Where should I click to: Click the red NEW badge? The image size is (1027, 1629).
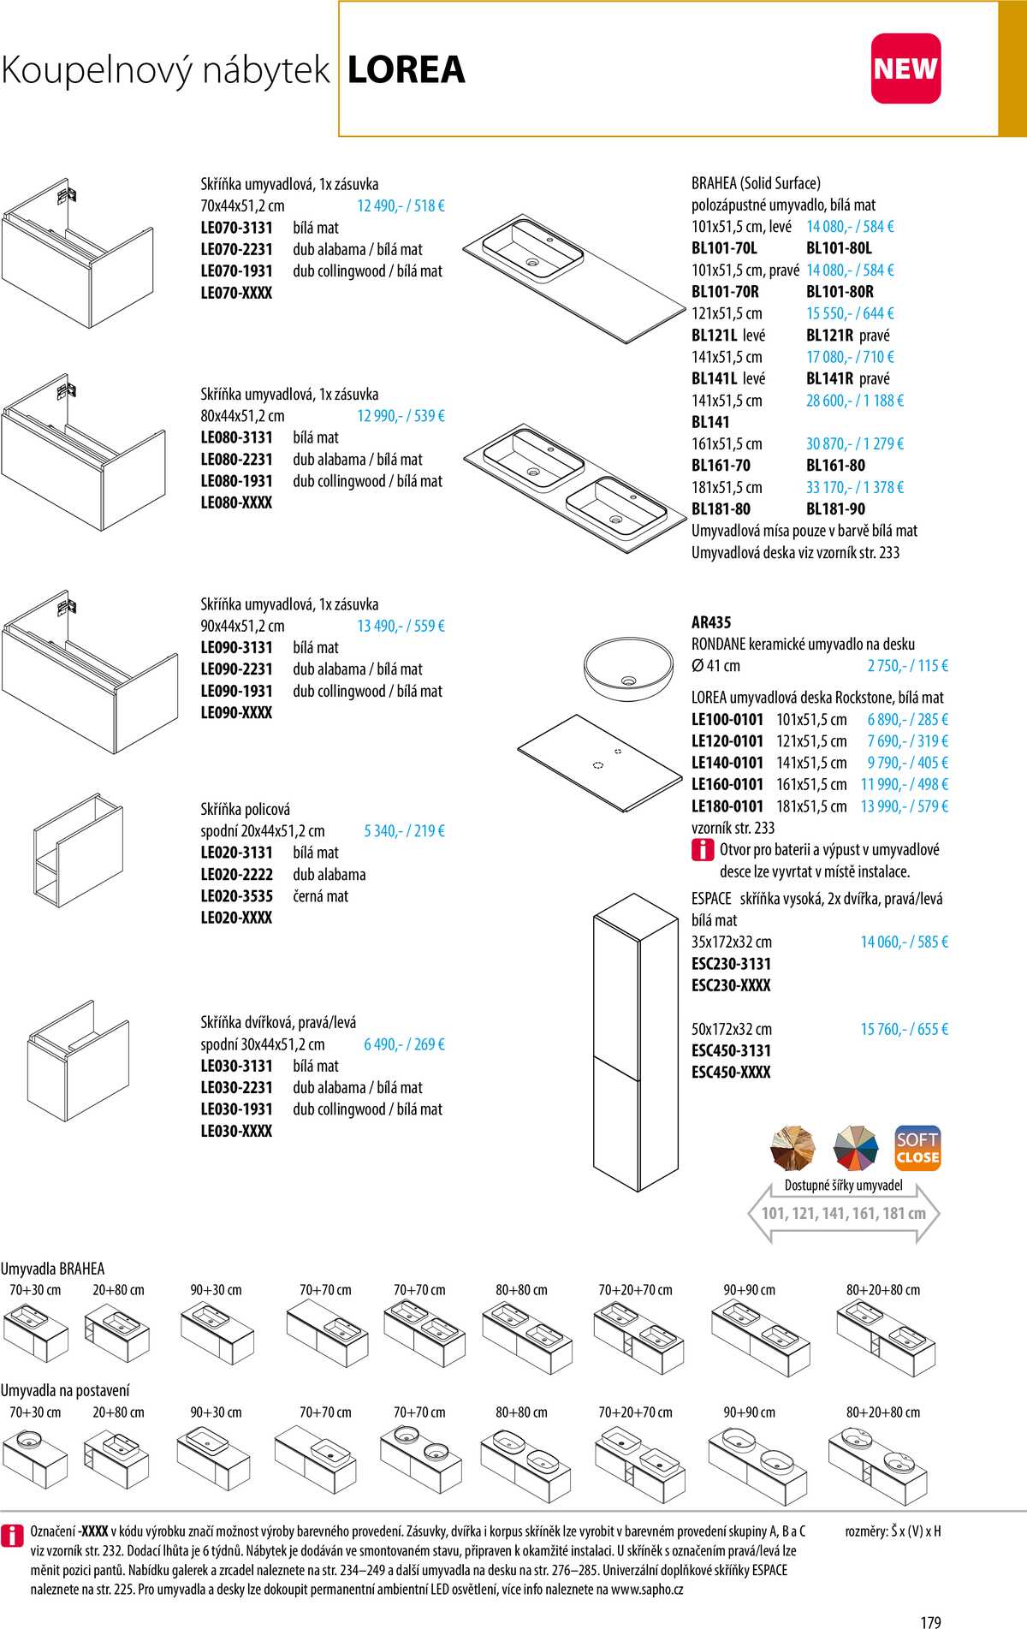coord(905,68)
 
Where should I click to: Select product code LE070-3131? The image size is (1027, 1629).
coord(236,228)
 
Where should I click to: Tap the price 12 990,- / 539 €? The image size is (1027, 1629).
coord(401,416)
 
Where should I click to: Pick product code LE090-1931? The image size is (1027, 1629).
coord(236,691)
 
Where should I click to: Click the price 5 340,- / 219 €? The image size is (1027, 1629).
coord(404,830)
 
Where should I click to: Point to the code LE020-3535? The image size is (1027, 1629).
coord(236,896)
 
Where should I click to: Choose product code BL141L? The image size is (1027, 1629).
coord(715,378)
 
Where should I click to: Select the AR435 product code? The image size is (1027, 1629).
coord(711,622)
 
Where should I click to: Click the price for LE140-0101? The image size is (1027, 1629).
coord(907,763)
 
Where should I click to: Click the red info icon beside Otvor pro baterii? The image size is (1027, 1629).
coord(702,850)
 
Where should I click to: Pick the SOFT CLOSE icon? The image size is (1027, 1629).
coord(917,1148)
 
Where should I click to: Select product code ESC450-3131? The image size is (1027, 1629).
coord(731,1050)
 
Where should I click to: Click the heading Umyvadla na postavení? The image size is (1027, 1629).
coord(65,1390)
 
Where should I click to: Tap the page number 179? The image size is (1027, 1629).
coord(930,1621)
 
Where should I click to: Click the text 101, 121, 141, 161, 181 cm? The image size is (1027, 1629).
coord(844,1213)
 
